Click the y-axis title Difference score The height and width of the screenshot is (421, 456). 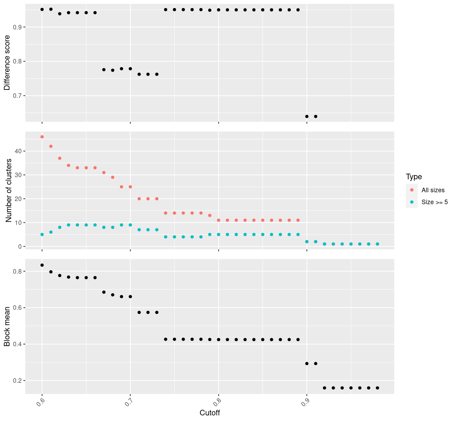[x=7, y=63]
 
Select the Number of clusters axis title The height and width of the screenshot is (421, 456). [x=9, y=191]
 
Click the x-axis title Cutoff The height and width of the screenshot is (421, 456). [x=209, y=413]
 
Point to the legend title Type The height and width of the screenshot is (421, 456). [x=414, y=176]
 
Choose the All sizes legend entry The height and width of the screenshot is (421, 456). [x=433, y=190]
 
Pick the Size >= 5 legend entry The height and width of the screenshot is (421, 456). [x=434, y=202]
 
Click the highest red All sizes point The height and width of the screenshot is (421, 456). [x=42, y=137]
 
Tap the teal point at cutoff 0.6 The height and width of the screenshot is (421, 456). [x=42, y=234]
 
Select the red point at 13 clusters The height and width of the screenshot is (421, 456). [x=210, y=215]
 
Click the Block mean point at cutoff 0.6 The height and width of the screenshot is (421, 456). [x=42, y=265]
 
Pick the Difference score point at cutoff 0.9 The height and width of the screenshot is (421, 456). [x=307, y=116]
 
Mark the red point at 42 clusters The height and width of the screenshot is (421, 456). [x=51, y=146]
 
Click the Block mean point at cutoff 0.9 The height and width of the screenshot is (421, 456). [x=307, y=363]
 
